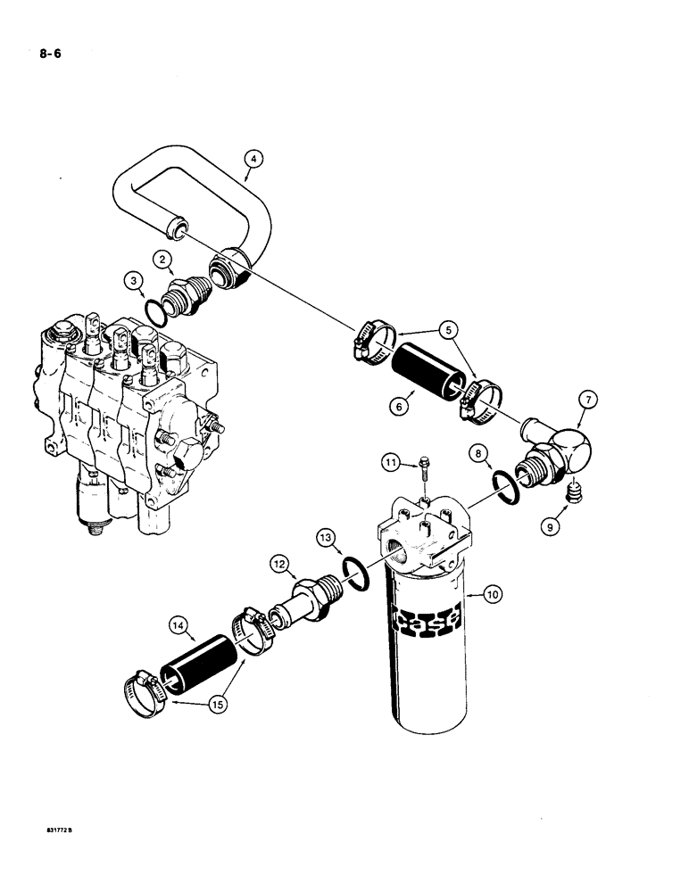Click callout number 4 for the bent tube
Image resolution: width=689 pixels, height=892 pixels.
[x=253, y=160]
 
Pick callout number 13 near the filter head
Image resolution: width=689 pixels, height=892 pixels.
[x=325, y=537]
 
